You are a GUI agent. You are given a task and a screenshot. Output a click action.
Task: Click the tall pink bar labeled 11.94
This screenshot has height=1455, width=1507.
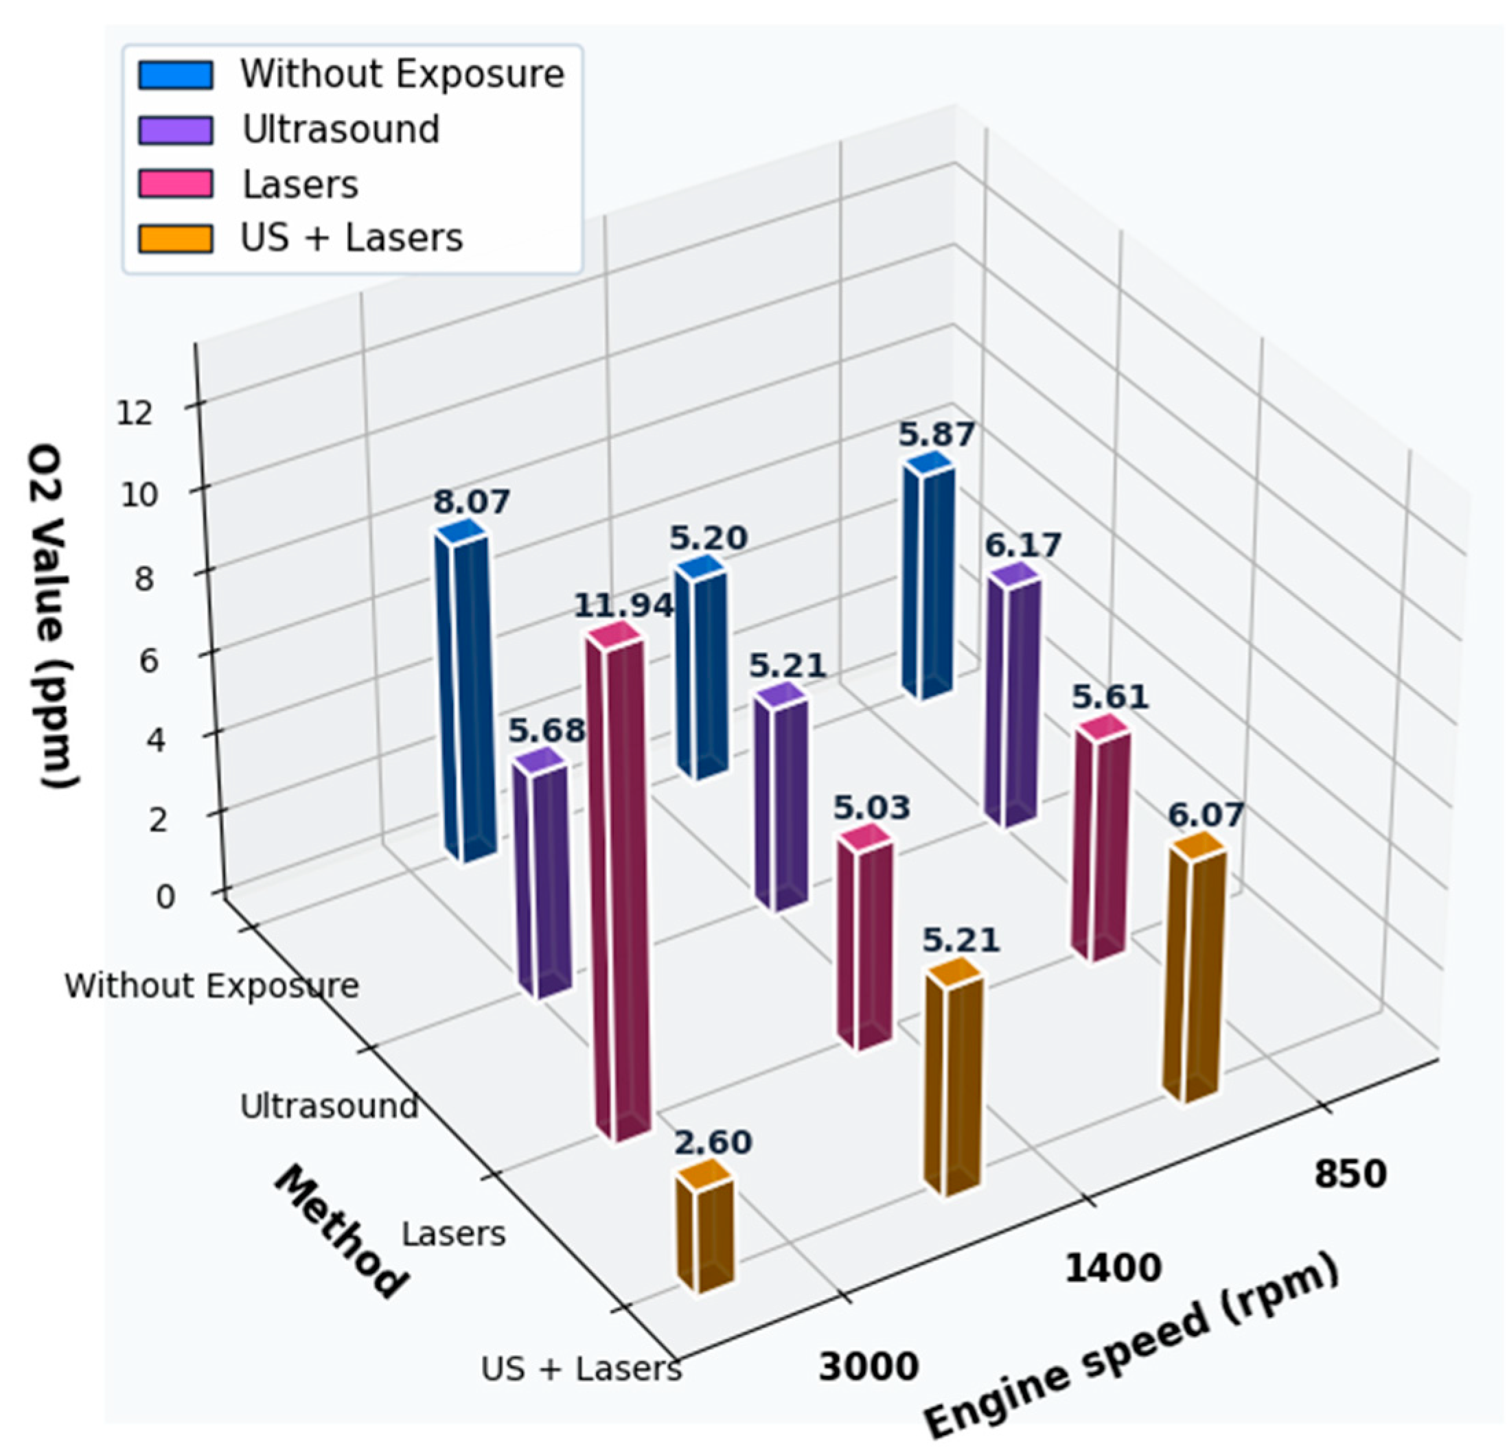pos(619,884)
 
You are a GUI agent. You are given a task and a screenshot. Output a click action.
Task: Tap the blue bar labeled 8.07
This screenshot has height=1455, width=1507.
pos(463,692)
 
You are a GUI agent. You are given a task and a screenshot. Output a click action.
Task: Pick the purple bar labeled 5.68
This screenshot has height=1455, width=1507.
pos(543,876)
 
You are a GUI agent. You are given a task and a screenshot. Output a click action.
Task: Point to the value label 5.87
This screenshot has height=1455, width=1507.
pos(936,435)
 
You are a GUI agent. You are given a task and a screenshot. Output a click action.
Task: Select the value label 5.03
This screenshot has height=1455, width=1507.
pos(872,808)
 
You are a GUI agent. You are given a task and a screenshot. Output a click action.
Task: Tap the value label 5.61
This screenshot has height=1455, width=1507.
pos(1110,697)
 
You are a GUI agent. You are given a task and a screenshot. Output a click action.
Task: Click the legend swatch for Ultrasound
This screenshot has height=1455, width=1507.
pos(175,130)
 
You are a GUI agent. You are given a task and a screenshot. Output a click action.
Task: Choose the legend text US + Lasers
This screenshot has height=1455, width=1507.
pos(352,237)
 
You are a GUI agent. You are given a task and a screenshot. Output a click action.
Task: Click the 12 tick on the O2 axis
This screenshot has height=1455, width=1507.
pos(135,414)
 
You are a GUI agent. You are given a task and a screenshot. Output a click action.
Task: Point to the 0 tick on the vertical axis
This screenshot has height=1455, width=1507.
pos(165,896)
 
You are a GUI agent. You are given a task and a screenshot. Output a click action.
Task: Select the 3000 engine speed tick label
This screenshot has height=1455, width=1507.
pos(868,1367)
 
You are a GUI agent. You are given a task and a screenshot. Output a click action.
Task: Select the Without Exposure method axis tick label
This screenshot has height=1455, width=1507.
pos(211,986)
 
